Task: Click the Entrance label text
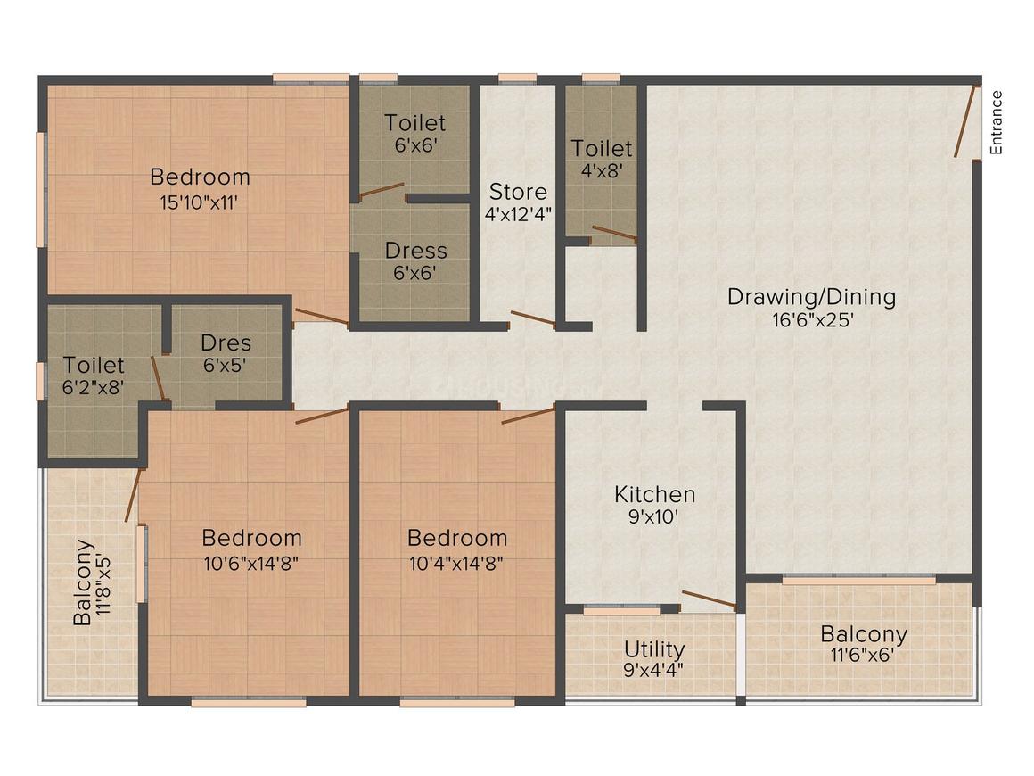coord(997,122)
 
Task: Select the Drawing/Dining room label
coord(811,297)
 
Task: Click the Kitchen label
coord(654,494)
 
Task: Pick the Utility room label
coord(654,648)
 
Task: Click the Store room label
coord(518,192)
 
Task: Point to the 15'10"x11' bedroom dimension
coord(200,202)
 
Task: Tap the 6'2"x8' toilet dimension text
coord(94,386)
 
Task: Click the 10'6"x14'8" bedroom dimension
coord(251,562)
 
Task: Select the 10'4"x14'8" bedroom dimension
coord(457,562)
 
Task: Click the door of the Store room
coord(532,318)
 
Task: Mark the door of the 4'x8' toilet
coord(614,235)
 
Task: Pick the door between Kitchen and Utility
coord(710,599)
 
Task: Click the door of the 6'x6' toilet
coord(382,191)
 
